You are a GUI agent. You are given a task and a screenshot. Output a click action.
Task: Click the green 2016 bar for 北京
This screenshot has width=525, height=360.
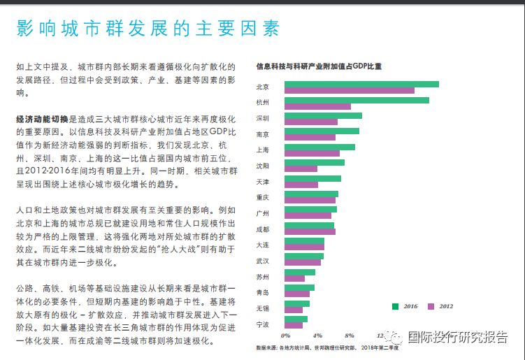click(361, 84)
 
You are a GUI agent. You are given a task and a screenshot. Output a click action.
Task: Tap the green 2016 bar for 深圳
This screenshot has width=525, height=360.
click(322, 115)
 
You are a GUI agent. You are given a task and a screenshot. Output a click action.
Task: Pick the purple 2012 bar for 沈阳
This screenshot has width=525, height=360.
click(300, 169)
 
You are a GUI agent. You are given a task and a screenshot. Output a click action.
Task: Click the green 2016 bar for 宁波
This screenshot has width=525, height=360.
click(296, 319)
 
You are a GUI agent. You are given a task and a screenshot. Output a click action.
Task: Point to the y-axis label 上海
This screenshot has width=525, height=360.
click(263, 150)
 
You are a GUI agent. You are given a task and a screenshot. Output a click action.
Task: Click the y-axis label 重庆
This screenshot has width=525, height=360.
click(263, 197)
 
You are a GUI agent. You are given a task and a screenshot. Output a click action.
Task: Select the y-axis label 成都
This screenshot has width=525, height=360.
click(263, 229)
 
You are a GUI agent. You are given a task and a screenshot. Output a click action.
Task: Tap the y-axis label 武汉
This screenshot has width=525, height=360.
click(263, 261)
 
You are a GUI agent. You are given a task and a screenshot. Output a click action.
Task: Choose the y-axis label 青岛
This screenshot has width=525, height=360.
click(263, 292)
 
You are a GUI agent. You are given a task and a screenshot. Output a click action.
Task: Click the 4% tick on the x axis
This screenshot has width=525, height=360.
click(317, 336)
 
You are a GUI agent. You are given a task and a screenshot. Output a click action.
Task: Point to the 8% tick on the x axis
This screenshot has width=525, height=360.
click(350, 336)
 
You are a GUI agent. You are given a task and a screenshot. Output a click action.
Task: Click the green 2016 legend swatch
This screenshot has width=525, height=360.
click(396, 306)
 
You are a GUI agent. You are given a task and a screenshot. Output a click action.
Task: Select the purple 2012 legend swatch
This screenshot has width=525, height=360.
click(431, 306)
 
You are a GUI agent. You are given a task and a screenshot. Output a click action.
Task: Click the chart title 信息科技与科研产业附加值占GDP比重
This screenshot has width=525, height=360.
click(319, 67)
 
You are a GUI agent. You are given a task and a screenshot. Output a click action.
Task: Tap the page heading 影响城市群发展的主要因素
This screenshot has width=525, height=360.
click(148, 29)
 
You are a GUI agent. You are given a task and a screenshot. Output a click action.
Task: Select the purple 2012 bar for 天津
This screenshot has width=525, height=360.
click(301, 185)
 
